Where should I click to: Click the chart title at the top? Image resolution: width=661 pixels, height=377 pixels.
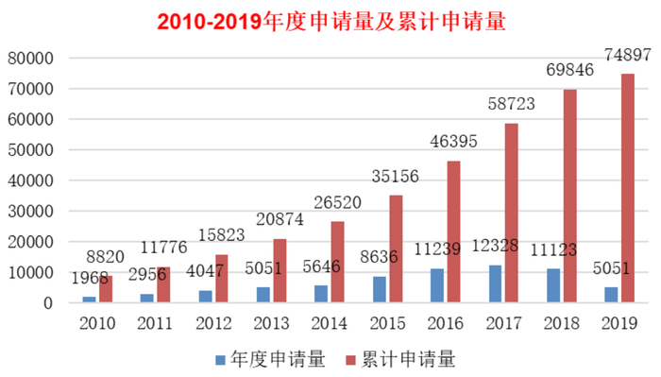tap(330, 22)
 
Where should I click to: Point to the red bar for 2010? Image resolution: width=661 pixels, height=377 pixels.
tap(106, 289)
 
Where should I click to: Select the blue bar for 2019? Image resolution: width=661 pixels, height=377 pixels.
tap(609, 295)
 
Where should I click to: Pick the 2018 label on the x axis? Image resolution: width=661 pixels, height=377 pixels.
tap(561, 324)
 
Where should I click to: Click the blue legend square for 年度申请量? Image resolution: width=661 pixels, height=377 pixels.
tap(220, 360)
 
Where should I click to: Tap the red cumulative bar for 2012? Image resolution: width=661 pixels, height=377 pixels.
tap(222, 279)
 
